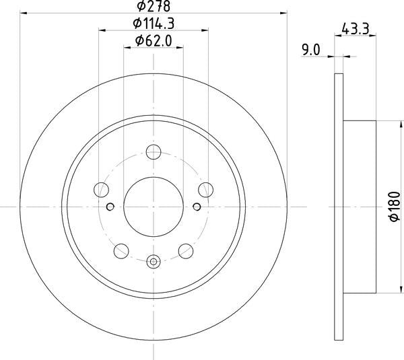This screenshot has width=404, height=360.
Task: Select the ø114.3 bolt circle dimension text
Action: point(154,24)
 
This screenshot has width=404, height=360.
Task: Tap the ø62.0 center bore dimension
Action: point(154,42)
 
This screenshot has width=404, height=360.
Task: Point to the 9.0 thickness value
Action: point(311,48)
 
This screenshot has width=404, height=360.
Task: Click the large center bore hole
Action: point(154,207)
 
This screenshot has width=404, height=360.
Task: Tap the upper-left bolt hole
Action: point(102,188)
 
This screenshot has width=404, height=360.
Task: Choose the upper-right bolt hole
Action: point(205,188)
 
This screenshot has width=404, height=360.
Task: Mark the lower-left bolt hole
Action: point(121,251)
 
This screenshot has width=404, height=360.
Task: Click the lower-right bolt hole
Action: point(186,251)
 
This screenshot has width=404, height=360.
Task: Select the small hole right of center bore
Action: point(196,207)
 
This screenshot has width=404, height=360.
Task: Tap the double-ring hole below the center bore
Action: point(154,262)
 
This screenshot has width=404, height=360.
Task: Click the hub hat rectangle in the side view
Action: point(360,207)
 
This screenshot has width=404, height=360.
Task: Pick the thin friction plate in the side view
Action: point(339,207)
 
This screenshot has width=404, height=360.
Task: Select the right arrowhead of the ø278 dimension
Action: point(283,13)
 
